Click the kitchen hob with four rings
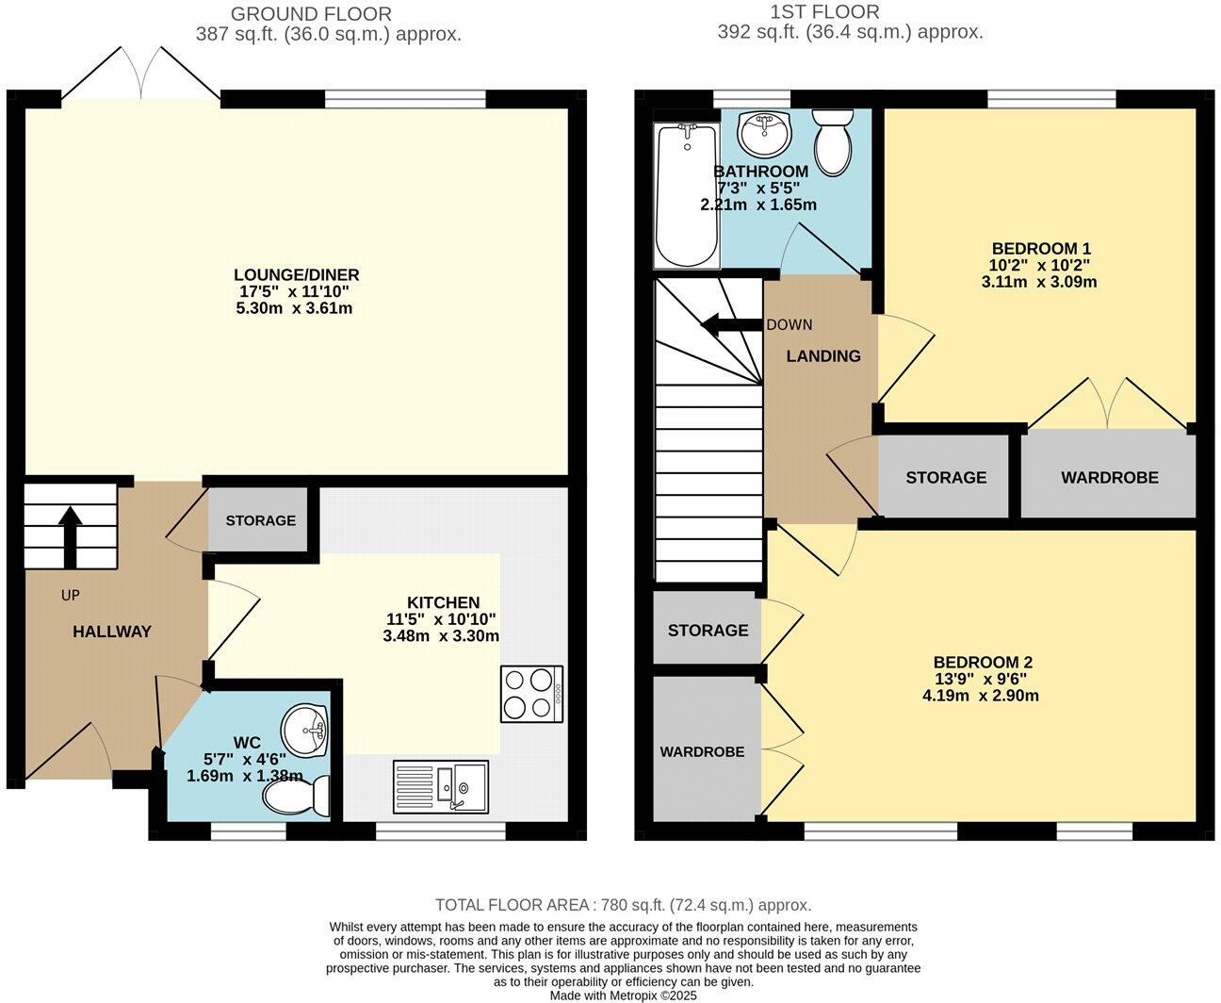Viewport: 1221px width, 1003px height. [x=532, y=694]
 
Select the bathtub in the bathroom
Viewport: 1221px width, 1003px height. [x=686, y=195]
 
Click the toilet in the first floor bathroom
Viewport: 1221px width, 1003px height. [x=833, y=141]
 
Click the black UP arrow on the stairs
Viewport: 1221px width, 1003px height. [x=70, y=536]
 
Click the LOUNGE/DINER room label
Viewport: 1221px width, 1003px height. [x=297, y=275]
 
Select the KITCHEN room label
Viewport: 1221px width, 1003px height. [x=443, y=602]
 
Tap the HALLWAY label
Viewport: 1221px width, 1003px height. [x=112, y=632]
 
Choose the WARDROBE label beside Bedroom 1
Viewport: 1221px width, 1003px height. [x=1109, y=478]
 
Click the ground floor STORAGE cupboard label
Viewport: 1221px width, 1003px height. [x=260, y=520]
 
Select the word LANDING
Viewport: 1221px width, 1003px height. [x=823, y=356]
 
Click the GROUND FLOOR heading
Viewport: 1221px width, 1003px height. [x=311, y=14]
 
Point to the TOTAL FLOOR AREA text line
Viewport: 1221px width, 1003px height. [x=623, y=905]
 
